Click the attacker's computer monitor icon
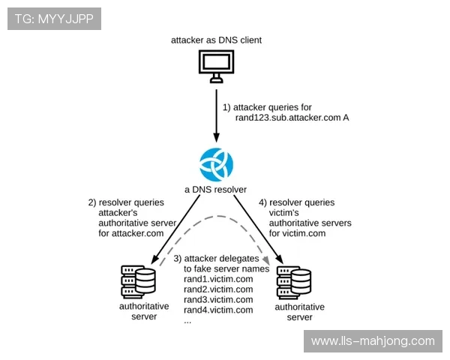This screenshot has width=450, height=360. click(x=217, y=66)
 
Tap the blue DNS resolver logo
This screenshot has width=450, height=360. click(x=217, y=164)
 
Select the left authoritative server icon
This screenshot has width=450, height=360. click(x=139, y=280)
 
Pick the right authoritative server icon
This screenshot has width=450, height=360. click(x=294, y=282)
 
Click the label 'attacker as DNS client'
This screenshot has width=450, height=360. click(x=217, y=39)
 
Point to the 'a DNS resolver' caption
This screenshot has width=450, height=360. click(x=216, y=190)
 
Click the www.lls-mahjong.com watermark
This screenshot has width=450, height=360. click(x=373, y=341)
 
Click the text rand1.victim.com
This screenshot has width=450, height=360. click(x=218, y=280)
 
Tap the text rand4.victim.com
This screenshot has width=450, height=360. click(x=218, y=310)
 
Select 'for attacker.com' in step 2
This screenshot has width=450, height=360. click(x=130, y=233)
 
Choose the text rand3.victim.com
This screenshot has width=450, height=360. click(x=218, y=300)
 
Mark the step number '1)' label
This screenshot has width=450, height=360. click(x=227, y=107)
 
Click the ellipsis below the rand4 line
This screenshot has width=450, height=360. click(x=188, y=320)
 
